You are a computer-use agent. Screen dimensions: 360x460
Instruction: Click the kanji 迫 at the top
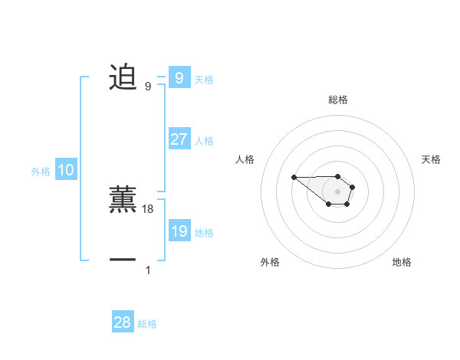pos(123,78)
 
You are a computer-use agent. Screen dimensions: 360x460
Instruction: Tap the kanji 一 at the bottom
pos(123,260)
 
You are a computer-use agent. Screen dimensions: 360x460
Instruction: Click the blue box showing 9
pos(179,78)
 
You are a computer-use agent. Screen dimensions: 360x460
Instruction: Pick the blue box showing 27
pos(179,139)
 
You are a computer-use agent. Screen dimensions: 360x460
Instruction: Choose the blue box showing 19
pos(179,231)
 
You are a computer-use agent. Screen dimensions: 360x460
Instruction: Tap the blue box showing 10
pos(66,171)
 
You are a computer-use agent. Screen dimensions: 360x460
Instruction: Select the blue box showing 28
pos(123,322)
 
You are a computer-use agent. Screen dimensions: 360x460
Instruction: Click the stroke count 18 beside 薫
pos(148,208)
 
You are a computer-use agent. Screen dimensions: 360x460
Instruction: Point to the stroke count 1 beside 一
pos(148,270)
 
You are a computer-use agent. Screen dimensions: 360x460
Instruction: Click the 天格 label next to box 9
pos(204,79)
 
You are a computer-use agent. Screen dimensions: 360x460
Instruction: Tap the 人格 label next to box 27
pos(204,140)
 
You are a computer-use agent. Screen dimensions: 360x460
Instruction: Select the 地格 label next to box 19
pos(204,232)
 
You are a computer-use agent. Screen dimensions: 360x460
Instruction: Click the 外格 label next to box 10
pos(41,172)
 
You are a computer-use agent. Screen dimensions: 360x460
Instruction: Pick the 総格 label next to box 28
pos(147,323)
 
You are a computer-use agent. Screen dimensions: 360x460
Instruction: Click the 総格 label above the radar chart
pos(337,100)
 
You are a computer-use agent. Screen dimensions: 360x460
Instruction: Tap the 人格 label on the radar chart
pos(245,159)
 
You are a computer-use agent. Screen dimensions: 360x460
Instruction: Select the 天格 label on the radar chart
pos(432,159)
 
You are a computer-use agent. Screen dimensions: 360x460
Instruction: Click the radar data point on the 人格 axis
pos(294,178)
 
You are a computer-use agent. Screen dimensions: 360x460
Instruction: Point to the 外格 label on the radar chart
pos(270,263)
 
